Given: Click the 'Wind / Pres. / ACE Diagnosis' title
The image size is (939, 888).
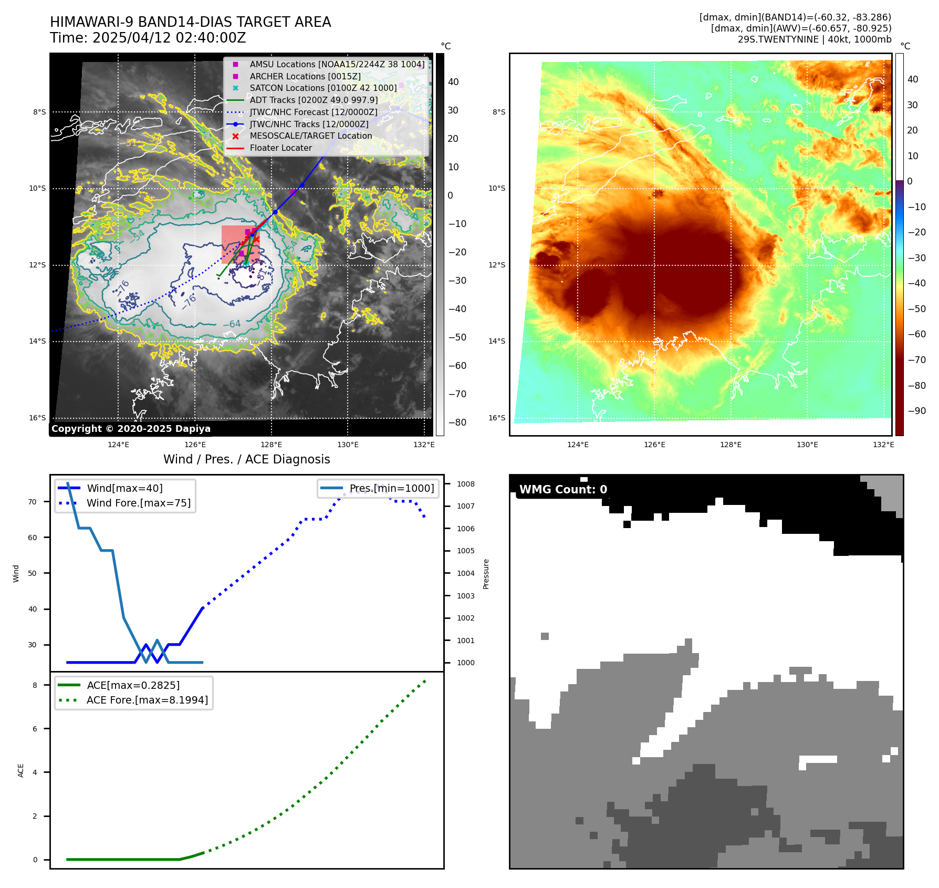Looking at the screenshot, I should click(x=246, y=459).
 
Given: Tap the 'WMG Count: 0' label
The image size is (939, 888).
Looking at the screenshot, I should click(x=563, y=490).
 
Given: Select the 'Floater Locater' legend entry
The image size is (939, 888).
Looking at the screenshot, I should click(x=280, y=148).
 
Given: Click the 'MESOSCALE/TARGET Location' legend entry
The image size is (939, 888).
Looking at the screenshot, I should click(x=310, y=136).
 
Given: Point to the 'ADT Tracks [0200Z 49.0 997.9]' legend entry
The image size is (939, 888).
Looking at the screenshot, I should click(x=314, y=100).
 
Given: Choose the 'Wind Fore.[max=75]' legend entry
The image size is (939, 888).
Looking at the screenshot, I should click(x=138, y=503).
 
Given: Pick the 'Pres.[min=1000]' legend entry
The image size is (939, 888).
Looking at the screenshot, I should click(x=392, y=488).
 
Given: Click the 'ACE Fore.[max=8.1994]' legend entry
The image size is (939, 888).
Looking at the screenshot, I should click(x=147, y=700).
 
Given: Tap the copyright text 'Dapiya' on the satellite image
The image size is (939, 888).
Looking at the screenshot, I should click(x=193, y=429).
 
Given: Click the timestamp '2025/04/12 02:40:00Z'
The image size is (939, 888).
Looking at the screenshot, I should click(x=169, y=38).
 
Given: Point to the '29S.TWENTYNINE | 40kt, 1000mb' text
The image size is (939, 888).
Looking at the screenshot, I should click(x=814, y=39).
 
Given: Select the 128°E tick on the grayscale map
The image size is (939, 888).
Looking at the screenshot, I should click(x=271, y=445).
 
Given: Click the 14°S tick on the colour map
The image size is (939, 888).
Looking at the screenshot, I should click(x=497, y=341).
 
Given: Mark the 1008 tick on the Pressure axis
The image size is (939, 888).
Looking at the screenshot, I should click(x=465, y=484).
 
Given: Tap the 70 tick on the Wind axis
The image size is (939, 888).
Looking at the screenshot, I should click(x=33, y=502).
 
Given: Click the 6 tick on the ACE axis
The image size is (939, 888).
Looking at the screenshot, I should click(x=35, y=729).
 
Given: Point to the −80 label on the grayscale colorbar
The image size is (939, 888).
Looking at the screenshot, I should click(x=457, y=422).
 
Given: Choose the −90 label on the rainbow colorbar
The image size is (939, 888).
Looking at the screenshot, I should click(x=917, y=411).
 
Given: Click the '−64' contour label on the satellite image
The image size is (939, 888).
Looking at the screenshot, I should click(x=232, y=324).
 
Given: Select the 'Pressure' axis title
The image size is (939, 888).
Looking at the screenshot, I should click(x=486, y=574).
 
